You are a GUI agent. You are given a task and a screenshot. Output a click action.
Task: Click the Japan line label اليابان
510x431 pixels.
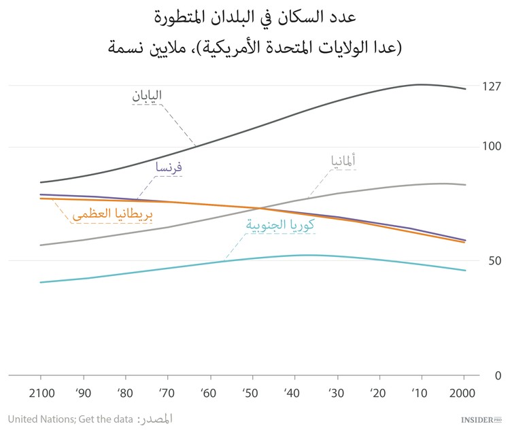(147, 96)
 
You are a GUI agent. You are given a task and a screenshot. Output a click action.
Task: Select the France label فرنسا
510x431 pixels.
(169, 167)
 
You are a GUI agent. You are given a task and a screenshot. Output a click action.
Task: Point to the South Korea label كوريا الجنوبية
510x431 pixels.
(279, 226)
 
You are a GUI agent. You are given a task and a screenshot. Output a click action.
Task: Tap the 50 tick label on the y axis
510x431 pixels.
(494, 261)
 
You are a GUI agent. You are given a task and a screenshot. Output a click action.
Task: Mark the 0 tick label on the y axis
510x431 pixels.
(498, 375)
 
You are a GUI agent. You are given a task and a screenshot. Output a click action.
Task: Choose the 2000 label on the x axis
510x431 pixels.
(463, 394)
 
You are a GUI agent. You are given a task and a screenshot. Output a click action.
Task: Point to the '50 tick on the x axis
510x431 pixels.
(251, 394)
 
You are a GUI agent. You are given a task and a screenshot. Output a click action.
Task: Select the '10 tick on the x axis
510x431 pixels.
(420, 394)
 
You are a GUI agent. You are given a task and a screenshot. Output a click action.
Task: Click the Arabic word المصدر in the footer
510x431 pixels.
(156, 419)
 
